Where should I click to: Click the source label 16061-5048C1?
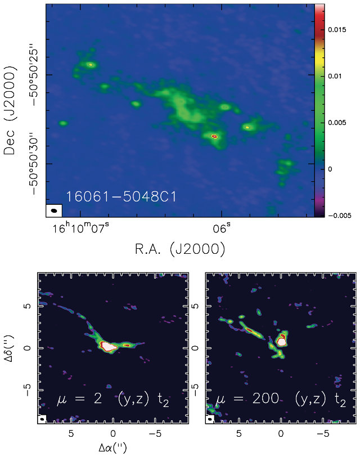121,198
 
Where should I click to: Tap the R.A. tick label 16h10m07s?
79,229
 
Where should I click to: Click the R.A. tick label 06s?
221,229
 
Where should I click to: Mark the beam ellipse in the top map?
54,210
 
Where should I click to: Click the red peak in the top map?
214,136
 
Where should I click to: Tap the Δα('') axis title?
113,449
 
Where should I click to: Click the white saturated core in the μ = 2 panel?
111,347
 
